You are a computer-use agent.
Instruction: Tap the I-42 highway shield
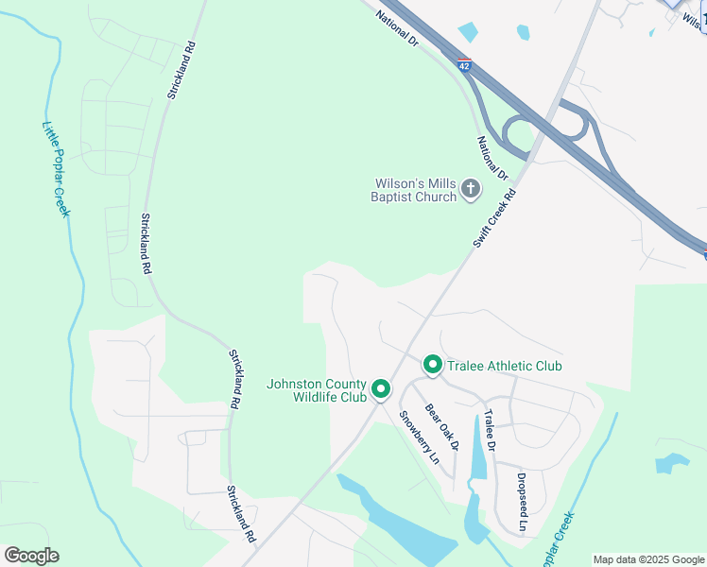463,65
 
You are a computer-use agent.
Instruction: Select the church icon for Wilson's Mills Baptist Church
470,191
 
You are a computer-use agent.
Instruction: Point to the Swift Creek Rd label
494,219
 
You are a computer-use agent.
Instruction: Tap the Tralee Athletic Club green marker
432,365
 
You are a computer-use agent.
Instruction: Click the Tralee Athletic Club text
505,366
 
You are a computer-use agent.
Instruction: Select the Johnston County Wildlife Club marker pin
381,389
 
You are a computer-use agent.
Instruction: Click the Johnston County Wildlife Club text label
316,390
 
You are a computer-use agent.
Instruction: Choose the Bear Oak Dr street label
440,427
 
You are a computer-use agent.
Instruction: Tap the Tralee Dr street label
490,430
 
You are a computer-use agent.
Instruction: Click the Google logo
31,556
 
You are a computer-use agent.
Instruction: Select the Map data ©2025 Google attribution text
648,559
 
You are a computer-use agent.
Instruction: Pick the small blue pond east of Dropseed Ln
672,463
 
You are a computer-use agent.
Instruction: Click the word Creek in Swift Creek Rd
494,220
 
